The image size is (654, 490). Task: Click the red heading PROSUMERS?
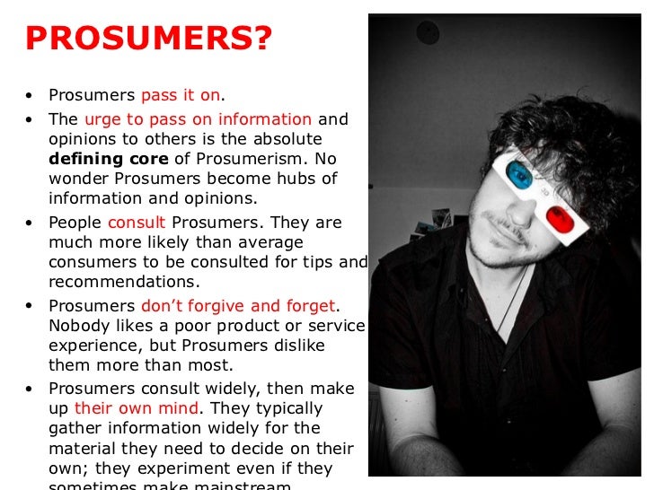tap(148, 39)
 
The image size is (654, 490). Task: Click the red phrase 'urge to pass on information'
tap(198, 119)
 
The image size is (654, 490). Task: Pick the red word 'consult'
tap(137, 222)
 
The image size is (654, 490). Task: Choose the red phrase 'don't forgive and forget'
tap(238, 306)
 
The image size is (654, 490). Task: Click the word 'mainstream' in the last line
tap(255, 486)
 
